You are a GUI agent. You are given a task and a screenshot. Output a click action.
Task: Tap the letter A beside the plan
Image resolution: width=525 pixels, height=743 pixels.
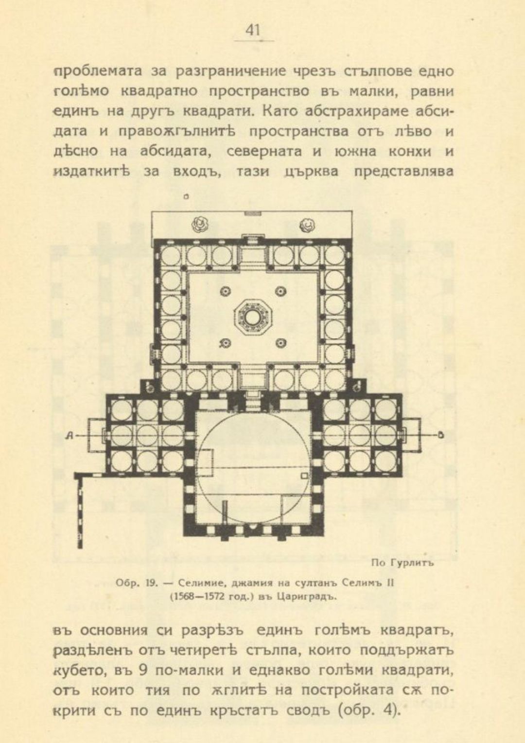[70, 437]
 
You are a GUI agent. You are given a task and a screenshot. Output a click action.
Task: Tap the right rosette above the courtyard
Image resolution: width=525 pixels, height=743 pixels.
[307, 225]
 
